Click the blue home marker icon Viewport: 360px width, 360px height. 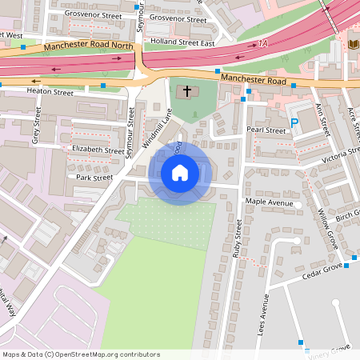tap(180, 172)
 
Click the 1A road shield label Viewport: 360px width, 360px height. tap(263, 44)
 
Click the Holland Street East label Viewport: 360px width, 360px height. tap(183, 42)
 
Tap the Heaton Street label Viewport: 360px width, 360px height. tap(50, 93)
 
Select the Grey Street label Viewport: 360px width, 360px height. tap(36, 129)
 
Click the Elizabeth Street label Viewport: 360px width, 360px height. tap(98, 150)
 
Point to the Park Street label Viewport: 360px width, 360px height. tap(94, 177)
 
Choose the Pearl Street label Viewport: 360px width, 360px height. tap(266, 130)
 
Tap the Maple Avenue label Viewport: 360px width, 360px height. tap(270, 202)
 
